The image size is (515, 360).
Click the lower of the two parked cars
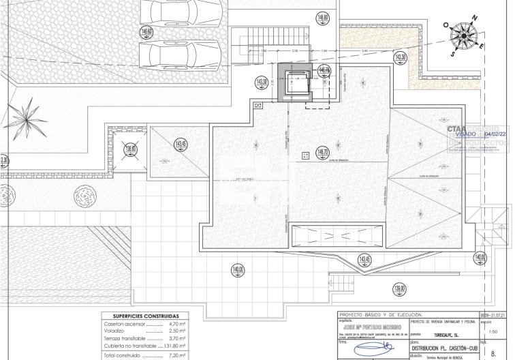click(180, 52)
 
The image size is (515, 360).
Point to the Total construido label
click(123, 355)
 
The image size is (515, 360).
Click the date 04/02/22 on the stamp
click(490, 135)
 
